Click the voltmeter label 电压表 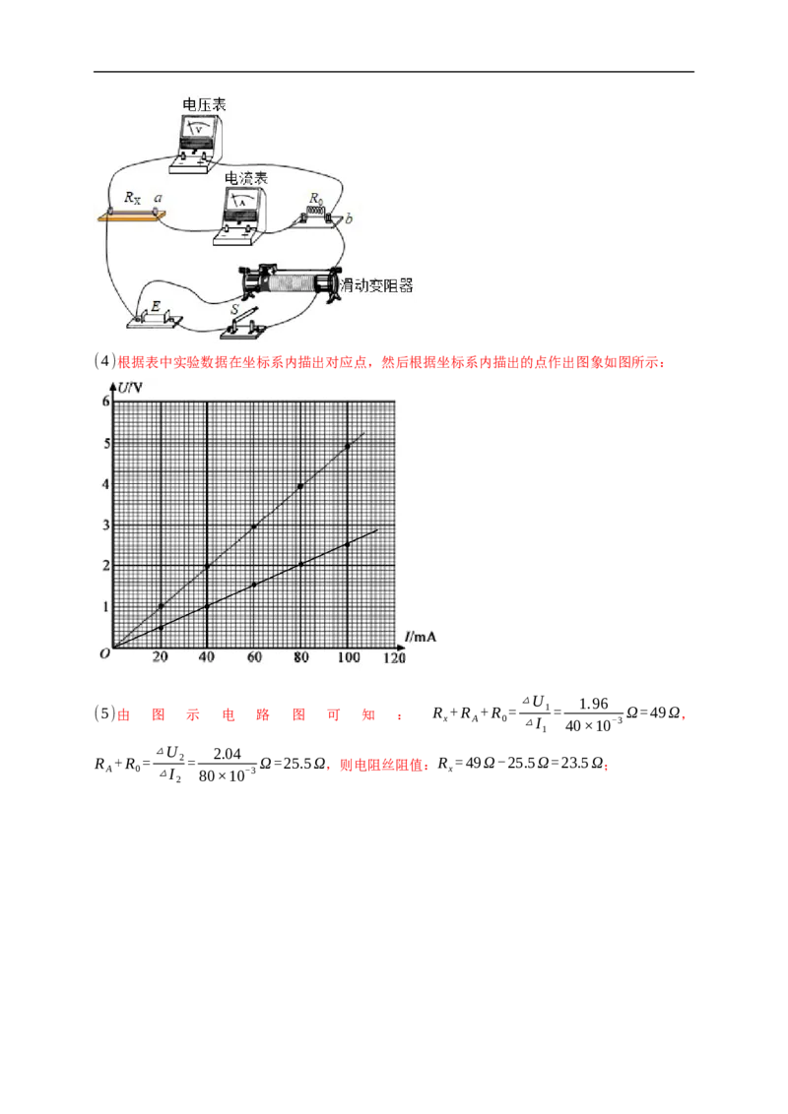(x=204, y=104)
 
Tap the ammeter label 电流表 (x=246, y=178)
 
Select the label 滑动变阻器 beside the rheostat (x=375, y=285)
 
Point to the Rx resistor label (x=132, y=198)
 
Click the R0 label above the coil (x=316, y=199)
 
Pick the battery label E (x=154, y=307)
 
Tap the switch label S (x=234, y=310)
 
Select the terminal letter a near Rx (x=158, y=198)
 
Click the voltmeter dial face (x=200, y=129)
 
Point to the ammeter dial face (x=242, y=203)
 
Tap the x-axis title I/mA (x=420, y=637)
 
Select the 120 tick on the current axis (x=394, y=658)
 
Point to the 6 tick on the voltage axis (x=105, y=401)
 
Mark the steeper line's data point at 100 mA (x=348, y=447)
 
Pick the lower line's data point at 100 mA (x=348, y=543)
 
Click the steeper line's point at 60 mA (x=254, y=527)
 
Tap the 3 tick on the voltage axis (x=105, y=525)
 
